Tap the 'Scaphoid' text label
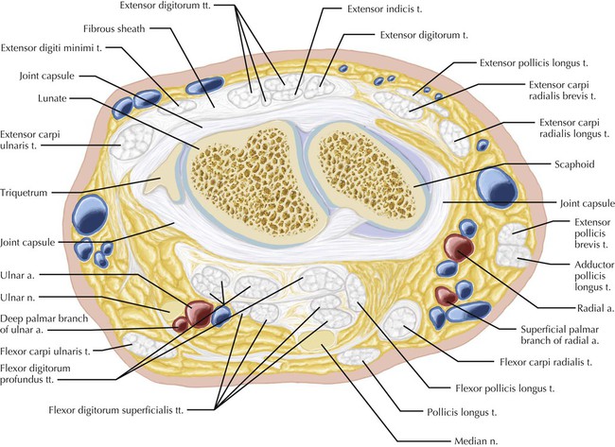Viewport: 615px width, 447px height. (572, 163)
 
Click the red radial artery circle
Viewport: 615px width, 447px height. (458, 248)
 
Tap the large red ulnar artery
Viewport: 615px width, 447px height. (199, 313)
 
